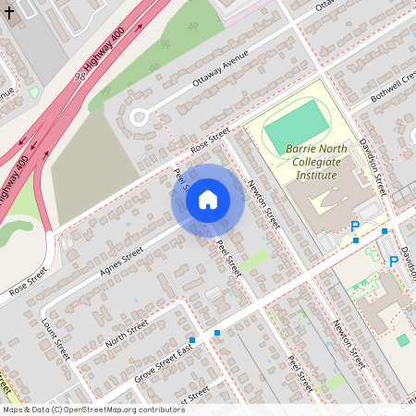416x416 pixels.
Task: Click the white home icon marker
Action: pos(208,200)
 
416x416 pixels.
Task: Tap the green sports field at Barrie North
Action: pos(296,128)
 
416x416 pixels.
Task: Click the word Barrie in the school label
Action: pos(303,148)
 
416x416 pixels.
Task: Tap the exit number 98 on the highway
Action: pos(80,78)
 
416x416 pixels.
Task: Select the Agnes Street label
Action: pos(119,262)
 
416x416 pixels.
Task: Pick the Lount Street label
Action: pos(56,338)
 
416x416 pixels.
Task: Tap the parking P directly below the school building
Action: pos(354,226)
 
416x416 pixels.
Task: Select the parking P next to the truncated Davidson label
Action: pos(393,262)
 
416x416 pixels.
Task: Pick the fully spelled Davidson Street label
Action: pos(373,166)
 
